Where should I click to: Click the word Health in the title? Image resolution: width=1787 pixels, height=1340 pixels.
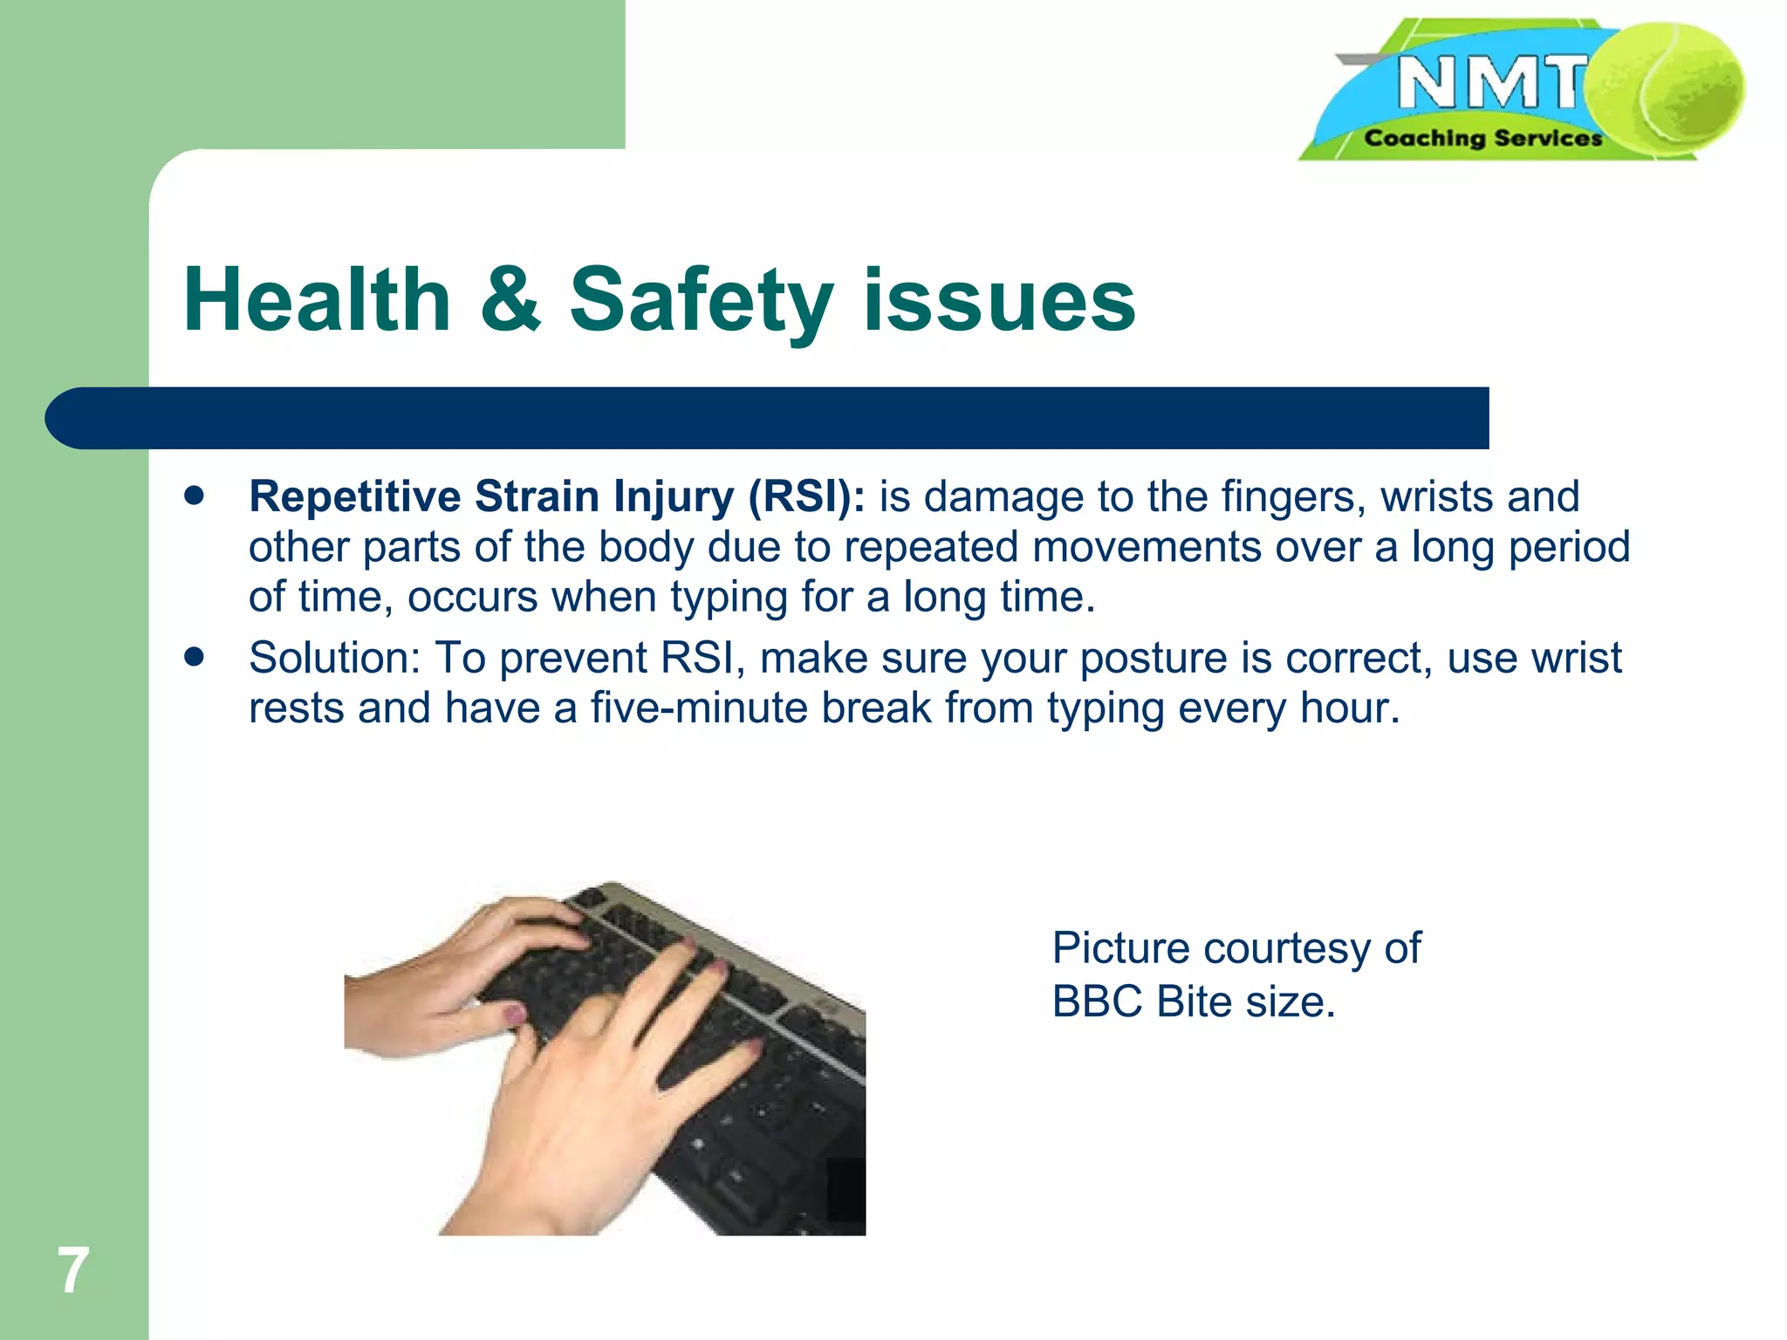click(x=317, y=301)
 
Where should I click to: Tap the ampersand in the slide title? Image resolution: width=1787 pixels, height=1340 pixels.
click(x=511, y=301)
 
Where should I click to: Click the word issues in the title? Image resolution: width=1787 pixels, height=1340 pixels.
click(x=998, y=301)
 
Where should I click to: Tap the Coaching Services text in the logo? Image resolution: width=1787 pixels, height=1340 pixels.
click(x=1482, y=139)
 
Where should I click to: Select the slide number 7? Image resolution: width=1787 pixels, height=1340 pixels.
click(x=73, y=1270)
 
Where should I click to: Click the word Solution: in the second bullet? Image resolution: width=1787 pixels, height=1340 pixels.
click(x=335, y=658)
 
